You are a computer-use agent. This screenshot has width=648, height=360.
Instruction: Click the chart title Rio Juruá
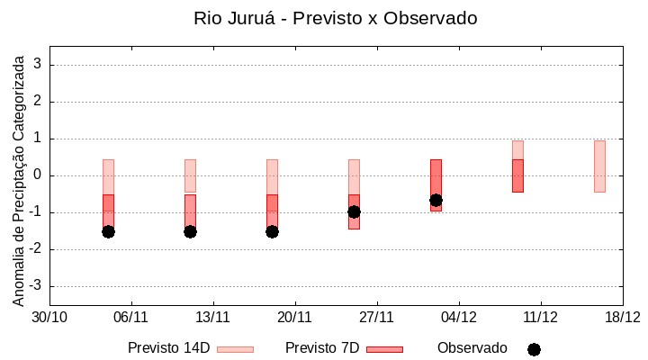tap(335, 18)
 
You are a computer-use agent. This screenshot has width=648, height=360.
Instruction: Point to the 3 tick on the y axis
tap(38, 65)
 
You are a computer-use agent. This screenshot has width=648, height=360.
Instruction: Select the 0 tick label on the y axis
tap(38, 175)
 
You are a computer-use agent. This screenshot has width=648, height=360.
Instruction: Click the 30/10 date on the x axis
tap(49, 317)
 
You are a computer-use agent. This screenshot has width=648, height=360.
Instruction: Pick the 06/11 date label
tap(131, 317)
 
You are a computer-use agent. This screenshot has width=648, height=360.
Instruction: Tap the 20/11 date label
tap(294, 317)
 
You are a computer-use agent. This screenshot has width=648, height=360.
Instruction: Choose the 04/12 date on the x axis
tap(458, 317)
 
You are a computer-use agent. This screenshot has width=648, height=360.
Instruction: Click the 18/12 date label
tap(622, 317)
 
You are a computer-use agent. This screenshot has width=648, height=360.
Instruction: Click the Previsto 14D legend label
tap(168, 348)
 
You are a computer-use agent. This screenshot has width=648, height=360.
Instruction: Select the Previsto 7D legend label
tap(321, 348)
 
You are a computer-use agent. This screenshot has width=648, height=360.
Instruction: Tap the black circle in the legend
tap(534, 349)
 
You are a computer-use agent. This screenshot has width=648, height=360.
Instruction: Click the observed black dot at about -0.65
tap(436, 200)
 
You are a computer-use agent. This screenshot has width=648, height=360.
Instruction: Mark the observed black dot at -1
tap(354, 211)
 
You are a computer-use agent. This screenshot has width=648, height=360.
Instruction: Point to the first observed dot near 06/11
tap(108, 231)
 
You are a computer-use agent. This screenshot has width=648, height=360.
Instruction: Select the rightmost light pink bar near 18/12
tap(599, 166)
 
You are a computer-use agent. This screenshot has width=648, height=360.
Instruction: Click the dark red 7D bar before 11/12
tap(517, 175)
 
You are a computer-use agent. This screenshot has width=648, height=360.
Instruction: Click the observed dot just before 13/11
tap(190, 231)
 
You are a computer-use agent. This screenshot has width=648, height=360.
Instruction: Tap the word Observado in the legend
tap(472, 348)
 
